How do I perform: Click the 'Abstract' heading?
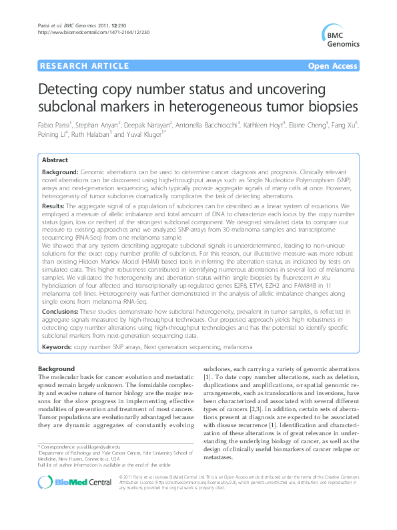point(54,161)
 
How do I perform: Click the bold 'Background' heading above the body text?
point(56,368)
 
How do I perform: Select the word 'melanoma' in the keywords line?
point(238,348)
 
